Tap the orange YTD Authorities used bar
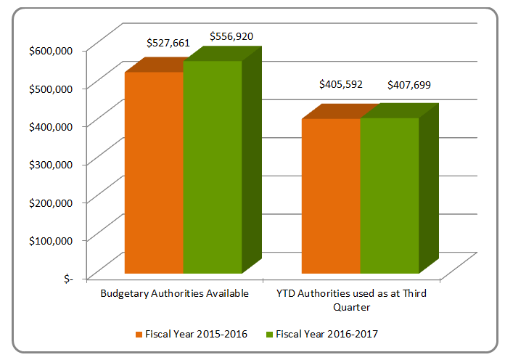pyautogui.click(x=331, y=196)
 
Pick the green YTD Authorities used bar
pyautogui.click(x=389, y=196)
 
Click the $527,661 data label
pyautogui.click(x=169, y=43)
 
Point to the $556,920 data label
pyautogui.click(x=231, y=36)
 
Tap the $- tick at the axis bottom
pyautogui.click(x=67, y=278)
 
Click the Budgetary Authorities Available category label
pyautogui.click(x=174, y=294)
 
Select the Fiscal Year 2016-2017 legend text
pyautogui.click(x=327, y=334)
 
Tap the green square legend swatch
pyautogui.click(x=271, y=334)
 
